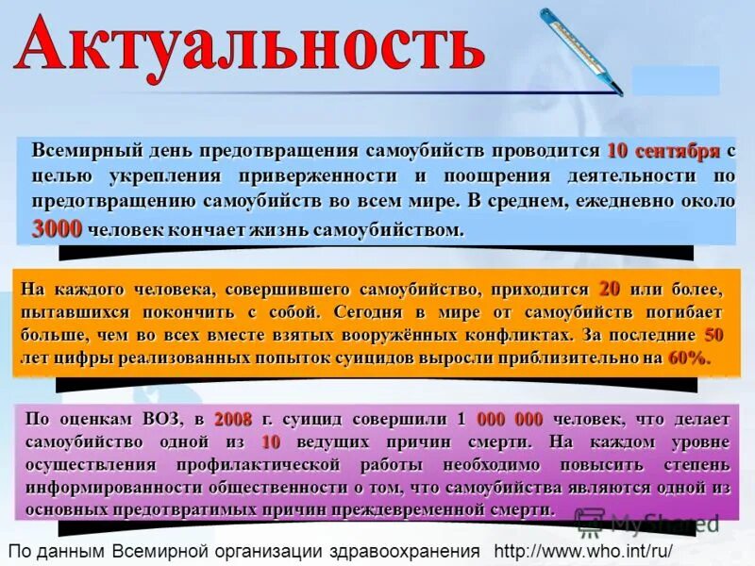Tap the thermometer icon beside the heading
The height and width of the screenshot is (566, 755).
(x=580, y=51)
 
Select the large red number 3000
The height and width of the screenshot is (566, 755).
(x=58, y=228)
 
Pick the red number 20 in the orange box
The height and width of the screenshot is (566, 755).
(x=610, y=289)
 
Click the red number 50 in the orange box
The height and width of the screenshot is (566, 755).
(x=713, y=335)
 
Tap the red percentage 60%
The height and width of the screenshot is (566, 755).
(x=687, y=358)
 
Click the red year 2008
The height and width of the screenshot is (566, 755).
(x=233, y=419)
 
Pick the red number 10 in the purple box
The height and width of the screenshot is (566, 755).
(x=271, y=441)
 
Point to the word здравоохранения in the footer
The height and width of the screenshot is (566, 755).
(x=407, y=550)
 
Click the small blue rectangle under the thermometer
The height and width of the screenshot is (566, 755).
(x=675, y=80)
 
